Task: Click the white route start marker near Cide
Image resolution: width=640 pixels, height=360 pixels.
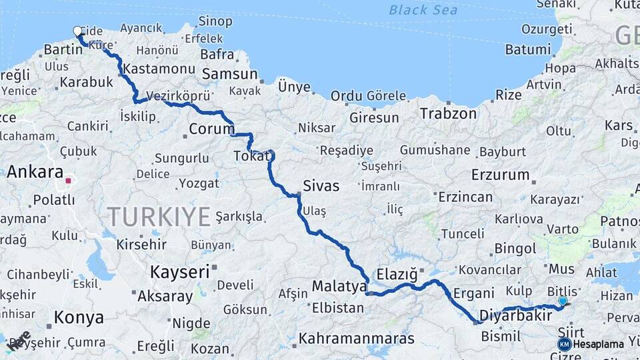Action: pyautogui.click(x=77, y=31)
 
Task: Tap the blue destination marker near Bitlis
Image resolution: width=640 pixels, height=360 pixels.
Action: pyautogui.click(x=563, y=301)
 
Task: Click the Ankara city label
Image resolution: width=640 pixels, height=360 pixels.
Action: pyautogui.click(x=35, y=172)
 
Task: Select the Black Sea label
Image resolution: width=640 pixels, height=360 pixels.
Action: pyautogui.click(x=423, y=9)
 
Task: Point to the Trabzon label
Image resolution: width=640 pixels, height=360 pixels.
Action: pyautogui.click(x=448, y=113)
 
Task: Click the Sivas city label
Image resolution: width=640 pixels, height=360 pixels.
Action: pyautogui.click(x=321, y=186)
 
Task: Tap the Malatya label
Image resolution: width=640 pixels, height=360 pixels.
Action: pyautogui.click(x=339, y=287)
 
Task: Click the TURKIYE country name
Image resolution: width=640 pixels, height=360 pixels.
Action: pyautogui.click(x=159, y=217)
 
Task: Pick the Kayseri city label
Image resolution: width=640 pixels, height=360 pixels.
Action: pyautogui.click(x=179, y=272)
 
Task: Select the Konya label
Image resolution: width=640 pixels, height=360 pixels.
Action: pyautogui.click(x=79, y=317)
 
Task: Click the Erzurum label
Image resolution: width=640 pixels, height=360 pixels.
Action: pyautogui.click(x=499, y=175)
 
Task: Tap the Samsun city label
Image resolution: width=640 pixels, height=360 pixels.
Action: pyautogui.click(x=229, y=74)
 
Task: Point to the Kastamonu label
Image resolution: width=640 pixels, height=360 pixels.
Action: pyautogui.click(x=159, y=69)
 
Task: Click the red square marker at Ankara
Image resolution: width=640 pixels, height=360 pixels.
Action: pyautogui.click(x=68, y=180)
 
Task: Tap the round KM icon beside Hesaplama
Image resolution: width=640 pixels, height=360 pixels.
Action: pyautogui.click(x=564, y=344)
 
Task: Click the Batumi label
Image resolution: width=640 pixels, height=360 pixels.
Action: pyautogui.click(x=527, y=49)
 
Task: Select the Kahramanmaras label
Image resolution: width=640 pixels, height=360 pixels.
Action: pyautogui.click(x=356, y=339)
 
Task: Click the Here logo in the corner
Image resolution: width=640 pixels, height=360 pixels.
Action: pyautogui.click(x=19, y=341)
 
